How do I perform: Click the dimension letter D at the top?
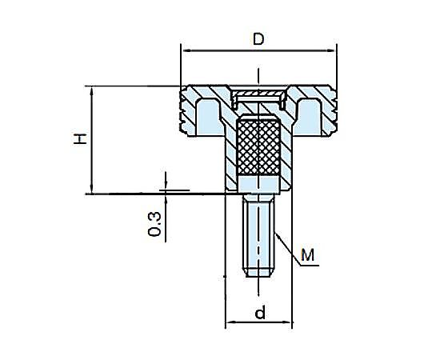click(258, 39)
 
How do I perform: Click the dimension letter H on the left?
click(80, 139)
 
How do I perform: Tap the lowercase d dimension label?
click(260, 312)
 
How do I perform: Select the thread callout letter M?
click(308, 254)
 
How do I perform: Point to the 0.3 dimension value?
click(154, 224)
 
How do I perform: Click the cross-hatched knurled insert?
click(258, 147)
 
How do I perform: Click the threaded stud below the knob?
click(258, 234)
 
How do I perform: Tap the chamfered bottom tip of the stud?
click(258, 272)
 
